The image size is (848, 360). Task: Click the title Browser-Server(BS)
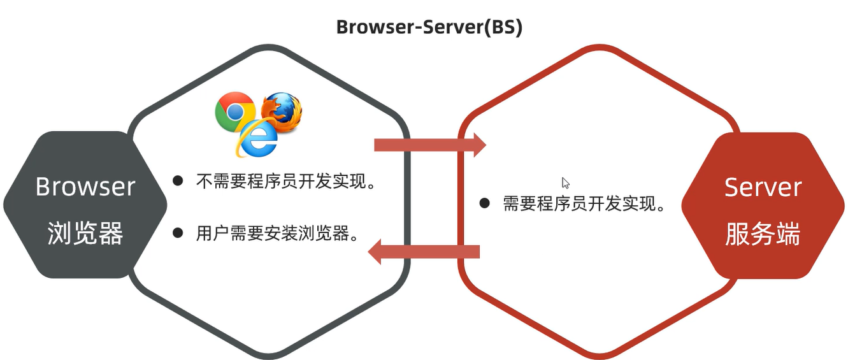tap(429, 27)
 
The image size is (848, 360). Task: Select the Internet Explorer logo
tap(257, 138)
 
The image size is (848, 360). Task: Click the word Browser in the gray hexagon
tap(85, 187)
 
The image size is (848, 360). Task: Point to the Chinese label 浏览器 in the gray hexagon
tap(85, 234)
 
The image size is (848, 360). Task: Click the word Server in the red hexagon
tap(763, 187)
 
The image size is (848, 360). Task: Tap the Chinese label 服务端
tap(763, 235)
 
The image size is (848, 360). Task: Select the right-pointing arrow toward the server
tap(430, 145)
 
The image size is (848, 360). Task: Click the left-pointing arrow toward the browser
tap(424, 252)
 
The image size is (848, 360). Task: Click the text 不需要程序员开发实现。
tap(285, 182)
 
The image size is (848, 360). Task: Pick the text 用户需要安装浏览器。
tap(277, 233)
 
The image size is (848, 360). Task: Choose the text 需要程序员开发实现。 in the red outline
tap(584, 204)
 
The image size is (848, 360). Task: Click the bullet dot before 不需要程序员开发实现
tap(178, 181)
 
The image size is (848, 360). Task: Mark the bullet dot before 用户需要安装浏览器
tap(178, 233)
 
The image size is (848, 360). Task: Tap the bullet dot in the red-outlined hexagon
tap(485, 203)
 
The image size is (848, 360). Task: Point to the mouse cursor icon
tap(565, 183)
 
